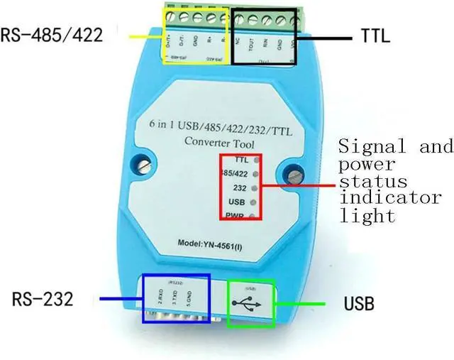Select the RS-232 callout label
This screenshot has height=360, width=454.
pyautogui.click(x=42, y=300)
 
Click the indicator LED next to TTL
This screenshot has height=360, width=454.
pyautogui.click(x=255, y=160)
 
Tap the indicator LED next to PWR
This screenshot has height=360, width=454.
pyautogui.click(x=255, y=215)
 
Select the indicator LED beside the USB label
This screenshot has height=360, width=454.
pyautogui.click(x=255, y=202)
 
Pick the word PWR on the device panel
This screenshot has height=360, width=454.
pyautogui.click(x=236, y=216)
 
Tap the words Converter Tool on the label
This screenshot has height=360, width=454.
pyautogui.click(x=214, y=141)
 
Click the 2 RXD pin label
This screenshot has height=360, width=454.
pyautogui.click(x=160, y=296)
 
